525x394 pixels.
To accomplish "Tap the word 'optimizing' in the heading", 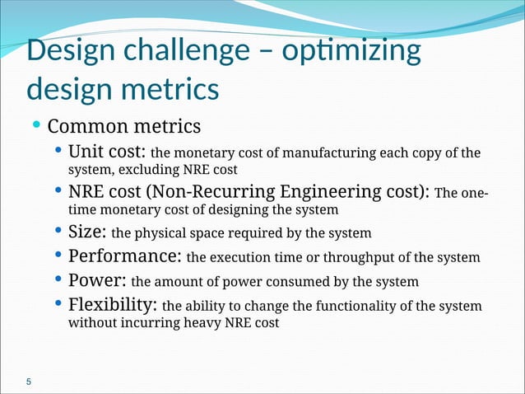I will coord(351,52).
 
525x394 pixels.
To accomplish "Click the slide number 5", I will coord(30,382).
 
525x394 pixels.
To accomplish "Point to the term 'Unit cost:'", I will coord(106,153).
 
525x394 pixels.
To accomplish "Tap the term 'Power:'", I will coord(96,281).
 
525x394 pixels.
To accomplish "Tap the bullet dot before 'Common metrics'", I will coord(36,125).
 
